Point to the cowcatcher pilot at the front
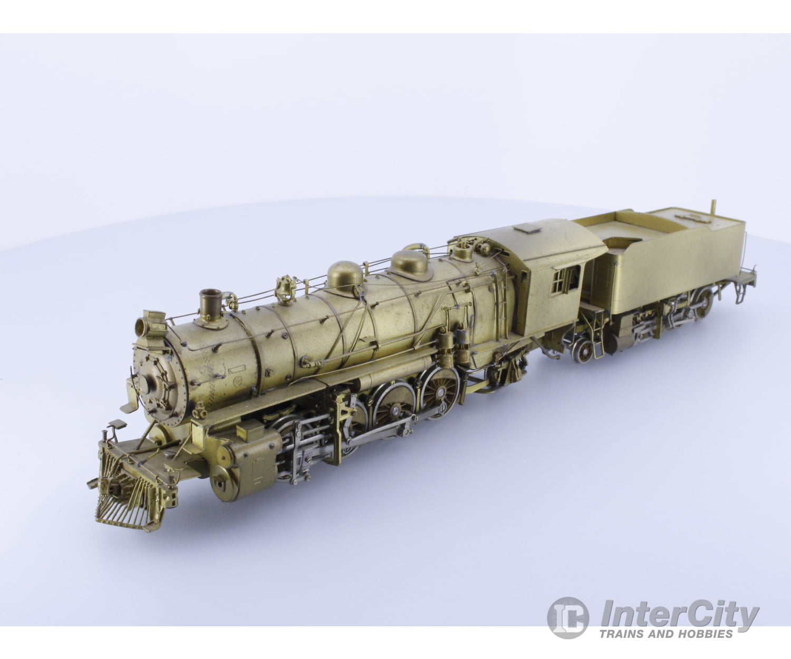(x=131, y=496)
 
